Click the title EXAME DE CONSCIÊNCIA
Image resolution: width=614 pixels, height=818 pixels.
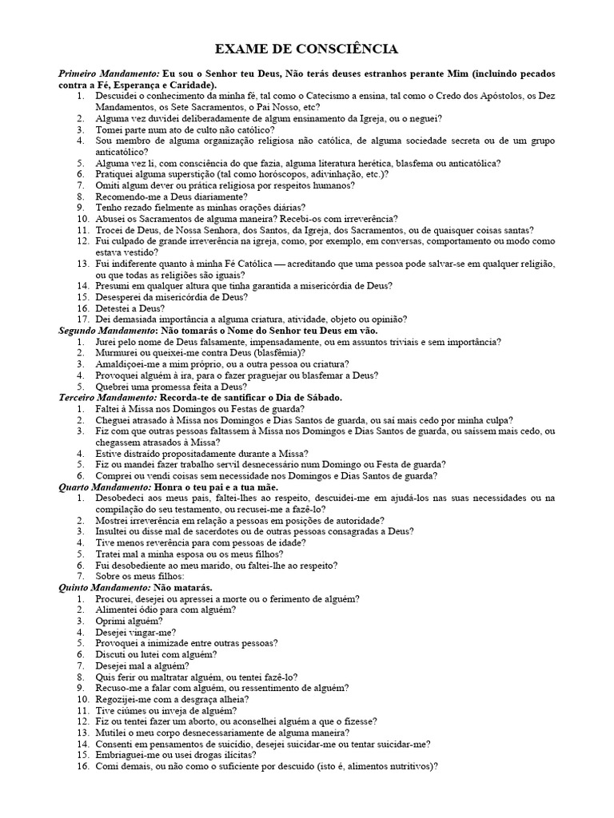306,50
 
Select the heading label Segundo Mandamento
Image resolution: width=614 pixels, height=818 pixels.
107,330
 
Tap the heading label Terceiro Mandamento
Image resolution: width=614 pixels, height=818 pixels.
108,397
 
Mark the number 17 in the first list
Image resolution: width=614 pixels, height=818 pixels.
82,319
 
